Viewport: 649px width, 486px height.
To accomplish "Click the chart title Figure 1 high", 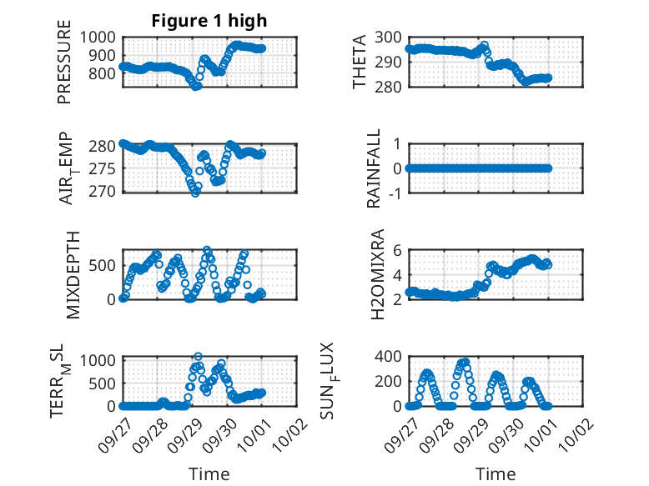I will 209,21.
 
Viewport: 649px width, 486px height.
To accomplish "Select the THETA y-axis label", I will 360,62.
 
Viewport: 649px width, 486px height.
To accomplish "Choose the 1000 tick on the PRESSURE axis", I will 101,37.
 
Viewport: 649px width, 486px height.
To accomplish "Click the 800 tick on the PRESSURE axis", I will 105,73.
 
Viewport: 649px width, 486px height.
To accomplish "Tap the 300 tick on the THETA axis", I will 390,37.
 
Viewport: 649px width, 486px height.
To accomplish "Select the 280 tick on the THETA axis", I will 390,86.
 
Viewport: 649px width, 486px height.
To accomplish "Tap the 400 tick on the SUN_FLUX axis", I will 390,357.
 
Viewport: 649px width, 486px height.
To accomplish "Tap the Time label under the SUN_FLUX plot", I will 496,473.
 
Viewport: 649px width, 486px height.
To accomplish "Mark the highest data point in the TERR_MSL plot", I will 198,356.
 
